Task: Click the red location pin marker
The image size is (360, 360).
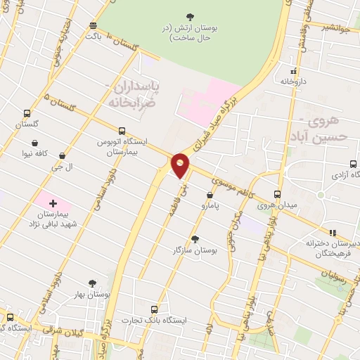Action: (x=181, y=165)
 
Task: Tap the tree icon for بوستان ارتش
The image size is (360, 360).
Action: (x=190, y=16)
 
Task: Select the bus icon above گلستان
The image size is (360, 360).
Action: (x=27, y=112)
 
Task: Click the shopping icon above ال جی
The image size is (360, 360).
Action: (x=63, y=155)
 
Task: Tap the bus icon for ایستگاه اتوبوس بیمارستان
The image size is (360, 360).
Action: (x=122, y=131)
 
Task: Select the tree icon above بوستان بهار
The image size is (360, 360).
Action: (x=91, y=283)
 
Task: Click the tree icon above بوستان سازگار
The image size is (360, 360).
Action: (x=195, y=239)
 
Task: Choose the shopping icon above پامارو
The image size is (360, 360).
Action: (x=210, y=195)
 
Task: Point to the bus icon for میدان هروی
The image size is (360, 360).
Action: (x=277, y=194)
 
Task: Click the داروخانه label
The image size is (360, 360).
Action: (x=295, y=82)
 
